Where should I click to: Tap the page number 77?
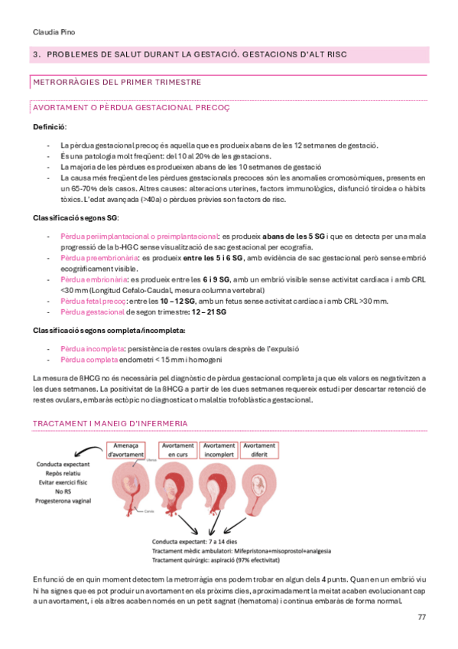421,617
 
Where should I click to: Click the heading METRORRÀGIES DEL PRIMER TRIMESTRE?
117,81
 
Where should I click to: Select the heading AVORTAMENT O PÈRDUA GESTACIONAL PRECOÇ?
132,107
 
